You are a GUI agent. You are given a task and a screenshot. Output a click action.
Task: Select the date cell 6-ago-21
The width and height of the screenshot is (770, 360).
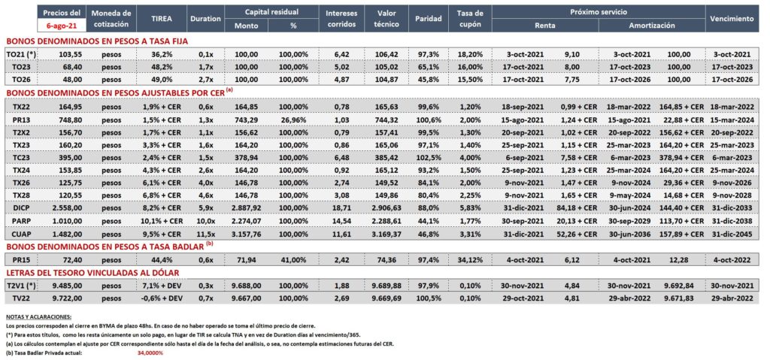[62, 25]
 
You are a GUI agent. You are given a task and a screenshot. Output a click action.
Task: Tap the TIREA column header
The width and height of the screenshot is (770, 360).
[161, 19]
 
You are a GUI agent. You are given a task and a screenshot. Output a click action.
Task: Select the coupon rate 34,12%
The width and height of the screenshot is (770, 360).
[470, 258]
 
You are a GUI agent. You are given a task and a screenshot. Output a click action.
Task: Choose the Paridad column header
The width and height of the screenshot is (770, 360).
[428, 19]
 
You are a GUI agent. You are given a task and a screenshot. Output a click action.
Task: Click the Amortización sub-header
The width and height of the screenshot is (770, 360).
[652, 26]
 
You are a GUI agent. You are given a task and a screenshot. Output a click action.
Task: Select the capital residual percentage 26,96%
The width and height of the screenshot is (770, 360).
[294, 119]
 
